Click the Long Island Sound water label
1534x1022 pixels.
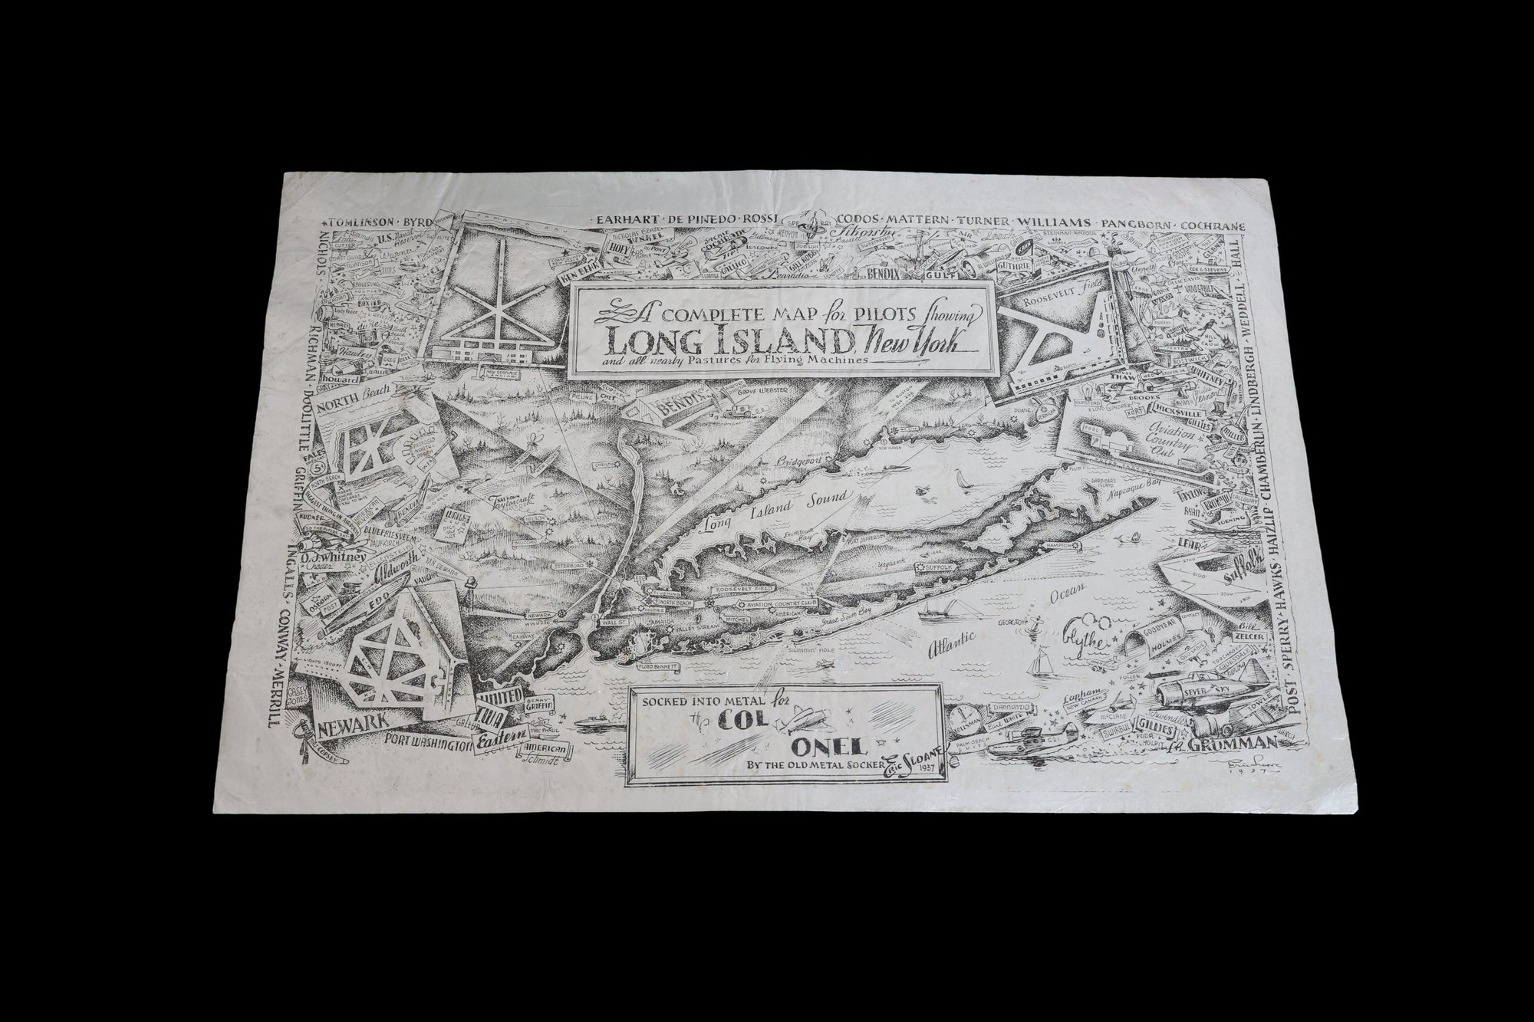pos(777,512)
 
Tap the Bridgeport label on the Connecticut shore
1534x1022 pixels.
pos(781,464)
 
